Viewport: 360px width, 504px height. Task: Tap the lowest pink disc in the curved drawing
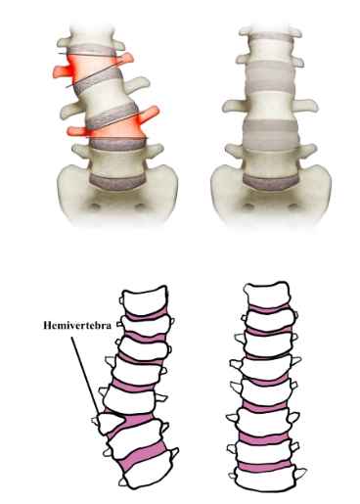point(146,452)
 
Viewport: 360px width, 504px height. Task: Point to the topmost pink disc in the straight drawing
point(267,309)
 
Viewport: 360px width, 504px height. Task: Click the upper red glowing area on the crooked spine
point(65,71)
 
